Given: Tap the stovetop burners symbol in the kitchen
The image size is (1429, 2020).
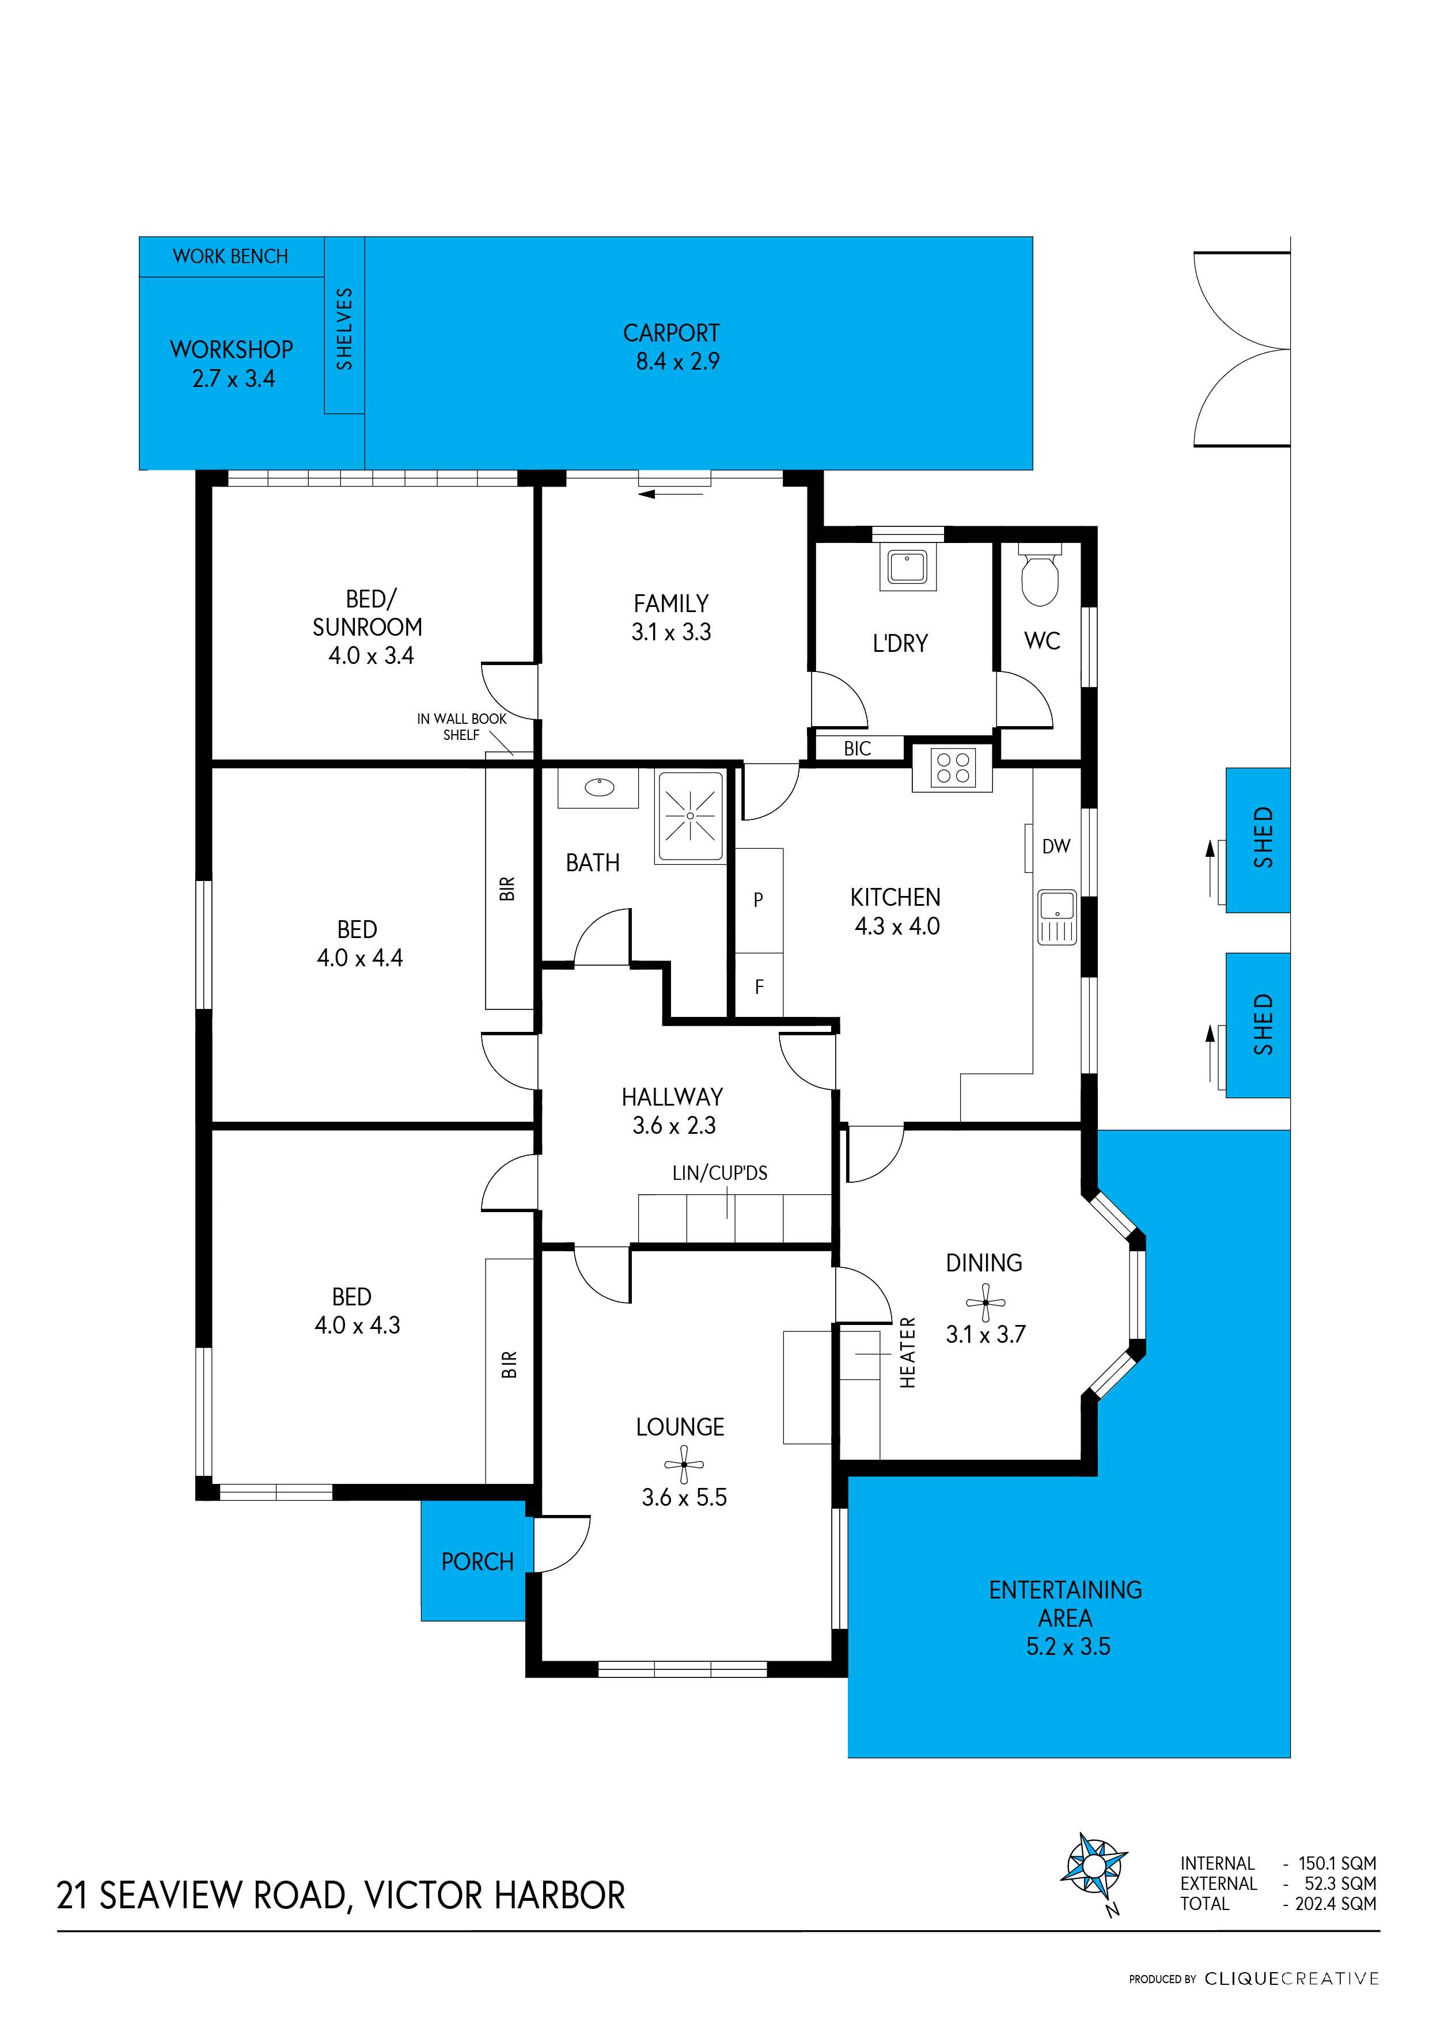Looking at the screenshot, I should pos(953,767).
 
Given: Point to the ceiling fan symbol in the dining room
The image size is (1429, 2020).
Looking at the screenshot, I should pos(985,1302).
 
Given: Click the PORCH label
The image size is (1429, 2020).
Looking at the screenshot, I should pos(477,1562).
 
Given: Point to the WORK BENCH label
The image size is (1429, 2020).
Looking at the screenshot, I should pos(230,256).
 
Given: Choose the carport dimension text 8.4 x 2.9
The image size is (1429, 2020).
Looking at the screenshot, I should pos(677,362).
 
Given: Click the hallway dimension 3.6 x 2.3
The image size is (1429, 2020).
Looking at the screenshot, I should pos(674,1125).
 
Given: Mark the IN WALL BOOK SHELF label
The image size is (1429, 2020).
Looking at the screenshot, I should pos(461,727).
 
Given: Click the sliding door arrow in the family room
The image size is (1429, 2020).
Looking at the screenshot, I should pos(670,495).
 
